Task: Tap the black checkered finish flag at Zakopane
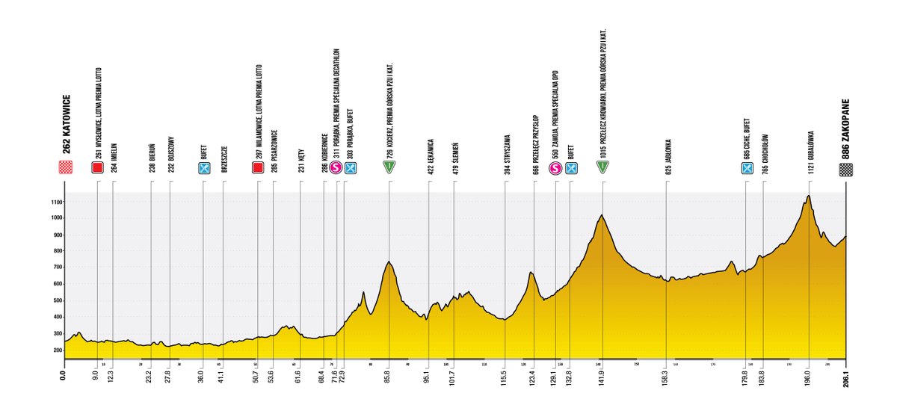click(845, 168)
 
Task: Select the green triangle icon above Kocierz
click(389, 168)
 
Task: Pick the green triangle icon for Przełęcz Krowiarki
click(602, 168)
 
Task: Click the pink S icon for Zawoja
click(556, 168)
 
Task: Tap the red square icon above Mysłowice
click(97, 168)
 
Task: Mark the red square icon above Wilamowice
click(258, 168)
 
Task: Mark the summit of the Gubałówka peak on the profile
click(808, 196)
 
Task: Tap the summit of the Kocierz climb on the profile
click(389, 262)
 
